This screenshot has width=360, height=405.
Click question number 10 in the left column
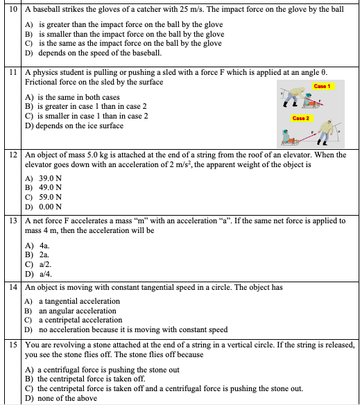[x=12, y=8]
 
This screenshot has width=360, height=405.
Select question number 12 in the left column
[x=12, y=155]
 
